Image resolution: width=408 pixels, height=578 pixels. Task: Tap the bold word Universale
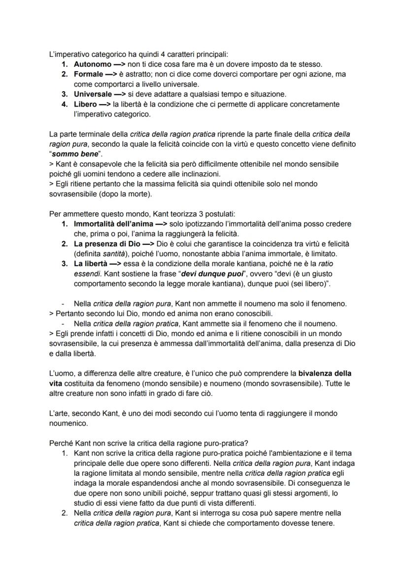93,94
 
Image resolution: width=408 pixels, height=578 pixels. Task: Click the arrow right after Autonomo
118,64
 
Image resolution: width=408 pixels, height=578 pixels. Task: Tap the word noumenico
69,423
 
